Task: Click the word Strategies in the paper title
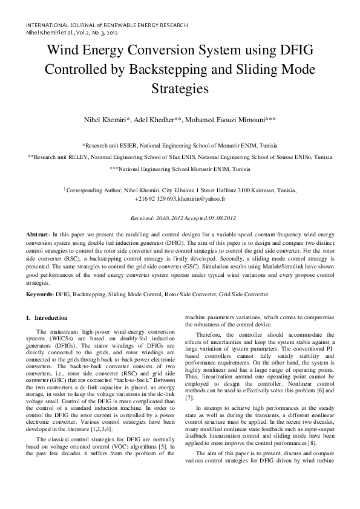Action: point(180,88)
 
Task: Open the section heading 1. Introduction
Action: point(51,318)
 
